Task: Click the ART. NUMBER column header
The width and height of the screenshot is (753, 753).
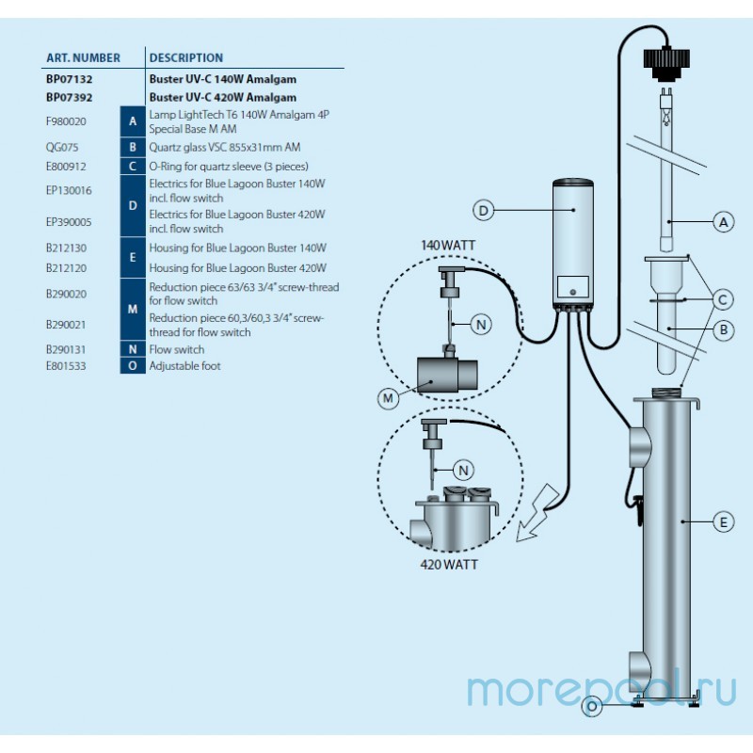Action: point(83,57)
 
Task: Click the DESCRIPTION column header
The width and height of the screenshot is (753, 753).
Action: point(185,57)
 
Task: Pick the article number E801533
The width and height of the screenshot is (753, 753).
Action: point(66,366)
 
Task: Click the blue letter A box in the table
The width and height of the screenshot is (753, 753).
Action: point(133,121)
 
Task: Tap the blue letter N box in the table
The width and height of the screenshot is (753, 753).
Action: point(133,349)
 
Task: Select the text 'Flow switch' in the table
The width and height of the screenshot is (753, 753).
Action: point(176,349)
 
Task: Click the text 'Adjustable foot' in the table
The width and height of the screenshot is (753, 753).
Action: point(184,366)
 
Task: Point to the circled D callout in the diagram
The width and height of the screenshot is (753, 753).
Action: point(483,211)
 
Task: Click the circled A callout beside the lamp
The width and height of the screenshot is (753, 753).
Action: point(723,222)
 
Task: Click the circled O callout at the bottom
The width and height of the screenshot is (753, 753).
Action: point(591,706)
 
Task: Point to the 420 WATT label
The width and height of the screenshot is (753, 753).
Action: point(449,565)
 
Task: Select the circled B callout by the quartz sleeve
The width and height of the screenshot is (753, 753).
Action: point(723,329)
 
